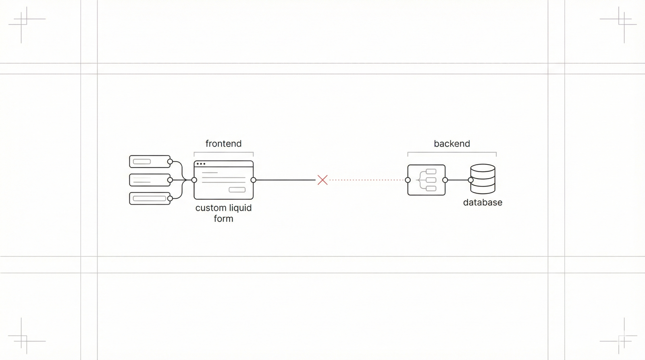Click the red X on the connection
(322, 180)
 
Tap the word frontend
(223, 144)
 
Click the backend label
(451, 144)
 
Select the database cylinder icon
(483, 179)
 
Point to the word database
(483, 202)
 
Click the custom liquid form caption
(223, 213)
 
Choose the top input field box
(149, 161)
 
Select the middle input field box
(149, 180)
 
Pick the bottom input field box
(149, 198)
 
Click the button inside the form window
(237, 190)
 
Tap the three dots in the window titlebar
(201, 164)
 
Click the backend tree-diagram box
(426, 180)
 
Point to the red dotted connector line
(367, 180)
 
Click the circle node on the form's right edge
(253, 180)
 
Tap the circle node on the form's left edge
(194, 180)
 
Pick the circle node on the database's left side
(470, 180)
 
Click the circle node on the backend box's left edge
(408, 180)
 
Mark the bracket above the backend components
(451, 152)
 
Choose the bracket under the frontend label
(223, 152)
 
